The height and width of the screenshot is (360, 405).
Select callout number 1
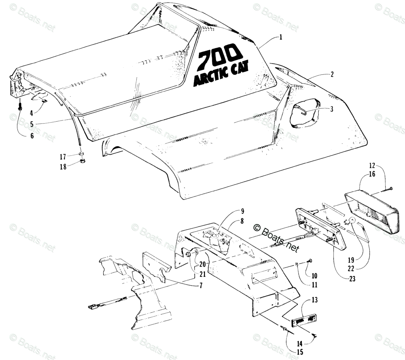coord(281,37)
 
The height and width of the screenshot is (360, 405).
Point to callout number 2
coord(332,74)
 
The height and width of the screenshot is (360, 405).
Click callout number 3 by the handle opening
coord(331,109)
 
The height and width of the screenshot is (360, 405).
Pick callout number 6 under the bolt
coord(32,135)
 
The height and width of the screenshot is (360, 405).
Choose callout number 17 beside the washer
coord(63,157)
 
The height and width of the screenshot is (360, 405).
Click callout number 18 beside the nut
coord(63,167)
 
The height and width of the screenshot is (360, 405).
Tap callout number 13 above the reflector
coord(314,300)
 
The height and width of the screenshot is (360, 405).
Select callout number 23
coord(352,279)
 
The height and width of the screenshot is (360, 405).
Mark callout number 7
coord(201,286)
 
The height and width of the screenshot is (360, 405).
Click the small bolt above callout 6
coord(20,105)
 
